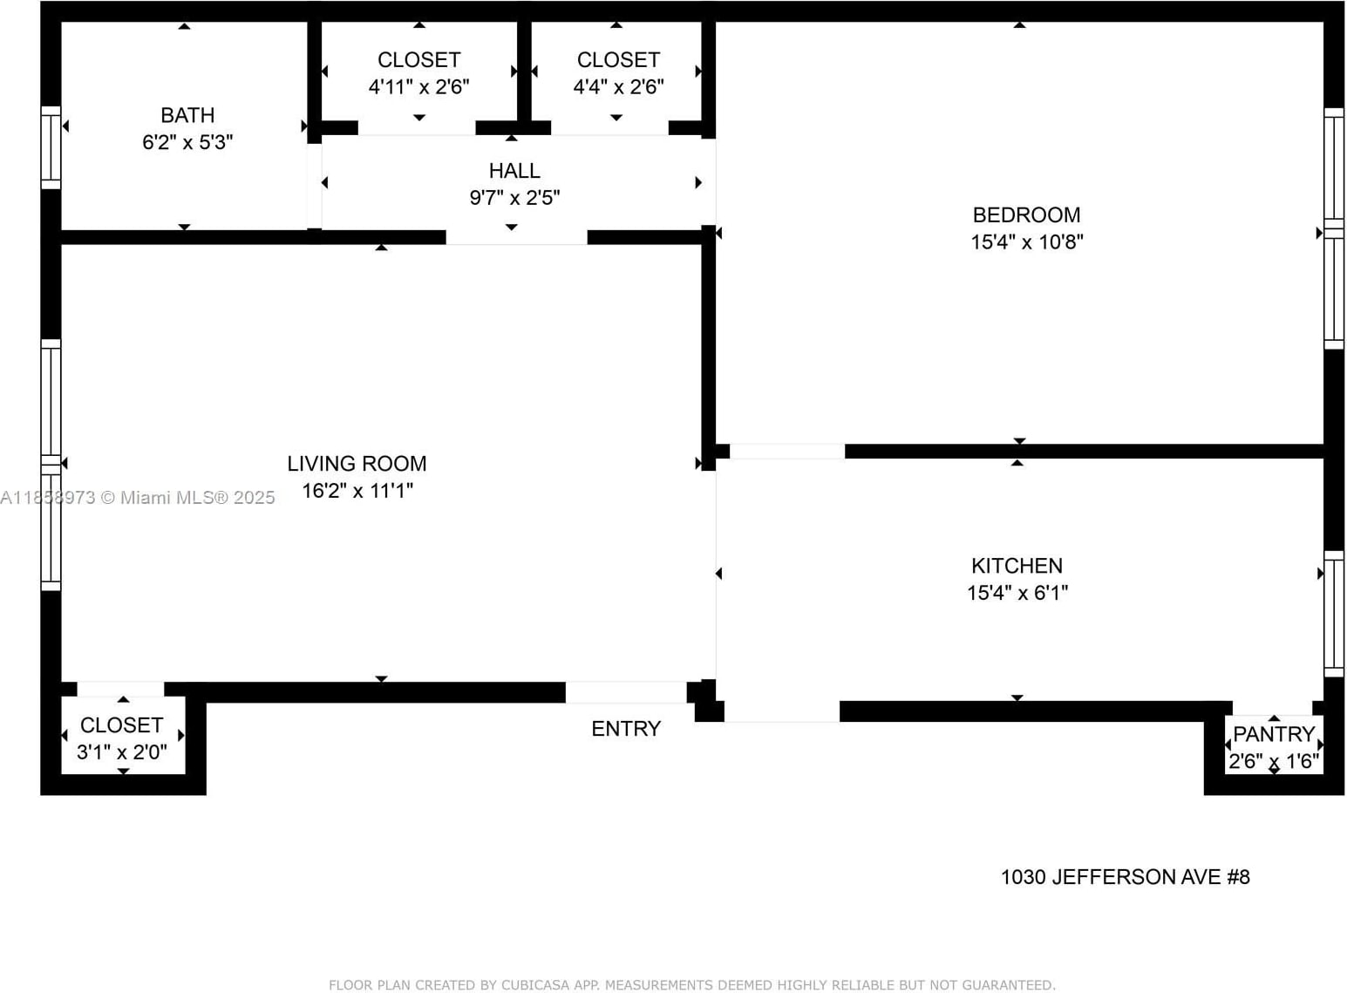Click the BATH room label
pos(187,115)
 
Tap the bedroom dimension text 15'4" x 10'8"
pos(1027,242)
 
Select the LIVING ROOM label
pos(357,464)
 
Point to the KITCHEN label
pos(1017,566)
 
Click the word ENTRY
pos(626,729)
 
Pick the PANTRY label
pos(1274,734)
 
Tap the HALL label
pos(514,171)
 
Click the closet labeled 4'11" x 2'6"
pos(418,73)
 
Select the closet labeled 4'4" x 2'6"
pos(618,73)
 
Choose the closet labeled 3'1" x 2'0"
pos(121,738)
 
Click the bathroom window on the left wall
pos(51,147)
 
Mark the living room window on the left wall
pos(51,465)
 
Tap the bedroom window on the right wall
pos(1334,228)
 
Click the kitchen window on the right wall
pos(1334,614)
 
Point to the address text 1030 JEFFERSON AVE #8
pos(1125,877)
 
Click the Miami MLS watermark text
pos(138,498)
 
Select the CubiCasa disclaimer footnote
pos(691,985)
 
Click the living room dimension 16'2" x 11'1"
pos(357,491)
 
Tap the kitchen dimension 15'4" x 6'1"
pos(1017,593)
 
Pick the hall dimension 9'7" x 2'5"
pos(514,198)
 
